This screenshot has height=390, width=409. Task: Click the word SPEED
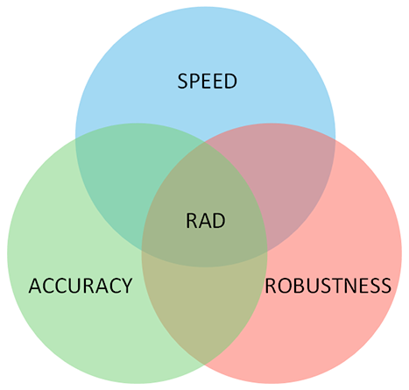coord(208,81)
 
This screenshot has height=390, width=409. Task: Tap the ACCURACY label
coord(81,286)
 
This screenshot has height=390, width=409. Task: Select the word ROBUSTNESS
coord(328,286)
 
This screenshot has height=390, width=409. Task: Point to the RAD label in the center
coord(206,221)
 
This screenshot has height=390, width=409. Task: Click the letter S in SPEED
coord(182,81)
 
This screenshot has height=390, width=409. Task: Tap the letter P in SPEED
coord(195,81)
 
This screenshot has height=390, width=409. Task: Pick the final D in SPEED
coord(231,81)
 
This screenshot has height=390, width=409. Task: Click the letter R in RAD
coord(191,221)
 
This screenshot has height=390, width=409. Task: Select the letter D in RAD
coord(219,221)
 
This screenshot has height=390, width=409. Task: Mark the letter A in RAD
coord(205,221)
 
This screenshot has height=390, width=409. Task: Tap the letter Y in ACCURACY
coord(127,286)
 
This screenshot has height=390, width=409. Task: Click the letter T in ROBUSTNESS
coord(331,286)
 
